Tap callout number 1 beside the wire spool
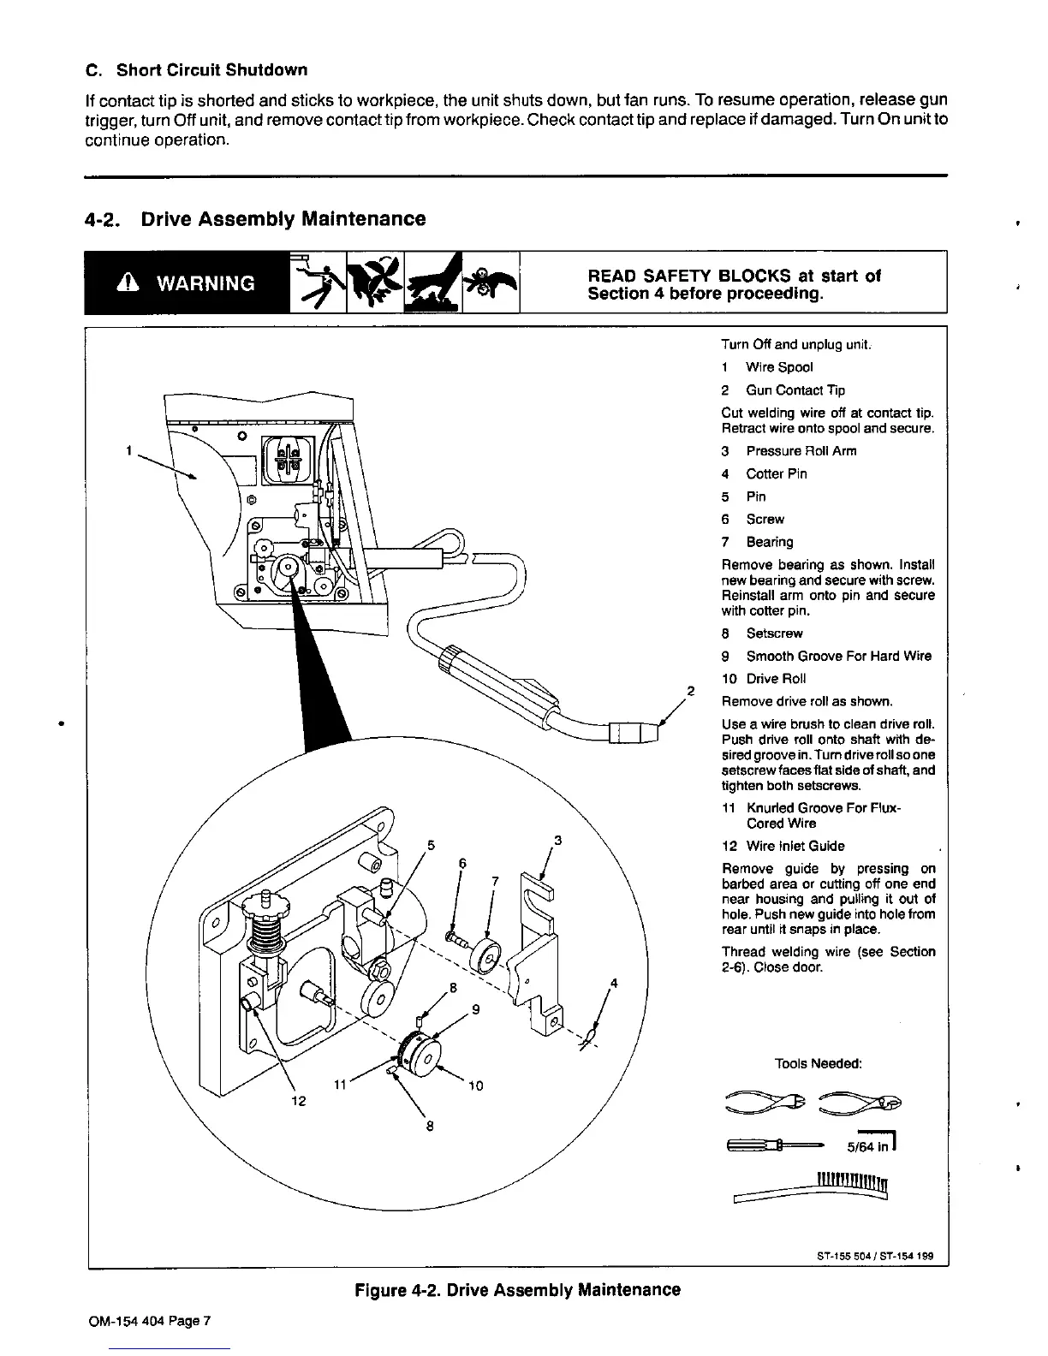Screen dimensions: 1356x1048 pos(128,449)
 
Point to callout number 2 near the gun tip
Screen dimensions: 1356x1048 pos(690,691)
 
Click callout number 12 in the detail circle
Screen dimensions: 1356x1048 pos(299,1102)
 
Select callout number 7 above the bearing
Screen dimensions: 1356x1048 pos(494,882)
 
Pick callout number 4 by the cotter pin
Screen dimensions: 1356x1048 pos(613,983)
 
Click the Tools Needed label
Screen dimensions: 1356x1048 pos(818,1063)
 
